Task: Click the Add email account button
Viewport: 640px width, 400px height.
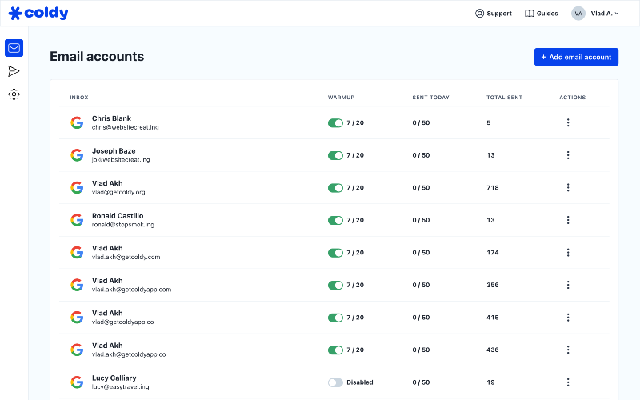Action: (576, 57)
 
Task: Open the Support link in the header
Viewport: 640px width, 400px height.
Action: (493, 14)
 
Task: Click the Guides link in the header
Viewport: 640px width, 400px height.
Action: (542, 14)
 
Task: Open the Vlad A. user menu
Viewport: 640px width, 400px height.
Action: (595, 14)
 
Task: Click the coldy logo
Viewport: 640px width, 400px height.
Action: (38, 13)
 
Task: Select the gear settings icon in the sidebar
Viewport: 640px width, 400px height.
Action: (14, 94)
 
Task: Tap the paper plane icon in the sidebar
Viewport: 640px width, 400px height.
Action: (14, 71)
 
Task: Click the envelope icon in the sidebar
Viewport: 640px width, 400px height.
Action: (14, 48)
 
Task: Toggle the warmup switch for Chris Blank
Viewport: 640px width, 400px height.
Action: (335, 123)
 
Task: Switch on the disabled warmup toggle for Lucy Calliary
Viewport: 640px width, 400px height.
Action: (335, 382)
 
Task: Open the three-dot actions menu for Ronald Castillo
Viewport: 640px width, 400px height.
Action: (568, 220)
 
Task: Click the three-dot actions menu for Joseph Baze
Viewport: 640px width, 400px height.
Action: (568, 155)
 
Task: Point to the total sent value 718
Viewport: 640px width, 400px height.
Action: (493, 188)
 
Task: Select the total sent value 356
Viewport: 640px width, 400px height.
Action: (493, 285)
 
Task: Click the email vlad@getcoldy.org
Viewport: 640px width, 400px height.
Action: (118, 192)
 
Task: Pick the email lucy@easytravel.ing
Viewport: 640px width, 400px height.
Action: (121, 387)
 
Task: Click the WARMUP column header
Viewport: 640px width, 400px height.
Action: (342, 98)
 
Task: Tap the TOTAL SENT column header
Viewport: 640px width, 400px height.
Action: (505, 98)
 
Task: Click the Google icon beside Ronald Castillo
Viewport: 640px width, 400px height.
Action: (77, 220)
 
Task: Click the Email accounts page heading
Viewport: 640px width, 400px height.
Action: (97, 56)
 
